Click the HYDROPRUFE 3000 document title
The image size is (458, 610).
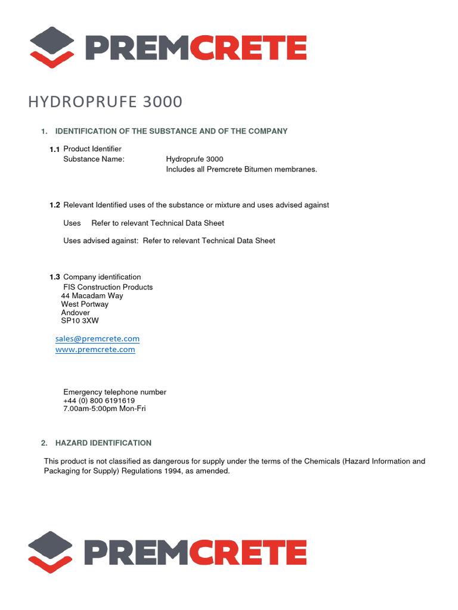[105, 102]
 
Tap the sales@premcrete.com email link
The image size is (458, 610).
[97, 338]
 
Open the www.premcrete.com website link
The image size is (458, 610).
[95, 350]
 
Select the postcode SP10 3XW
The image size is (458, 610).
[80, 320]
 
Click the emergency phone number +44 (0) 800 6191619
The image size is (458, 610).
[99, 401]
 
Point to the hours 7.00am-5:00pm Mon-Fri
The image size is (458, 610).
[104, 409]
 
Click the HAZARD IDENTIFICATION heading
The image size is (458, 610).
[103, 443]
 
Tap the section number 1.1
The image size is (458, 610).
[55, 149]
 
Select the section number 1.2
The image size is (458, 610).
[55, 205]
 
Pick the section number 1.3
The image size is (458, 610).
[55, 277]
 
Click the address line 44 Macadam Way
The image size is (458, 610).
[92, 295]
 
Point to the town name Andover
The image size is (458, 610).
[75, 312]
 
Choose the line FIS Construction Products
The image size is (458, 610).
[108, 287]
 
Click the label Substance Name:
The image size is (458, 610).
[94, 159]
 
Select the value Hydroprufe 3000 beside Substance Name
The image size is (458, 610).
[194, 159]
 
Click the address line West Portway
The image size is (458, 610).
[85, 304]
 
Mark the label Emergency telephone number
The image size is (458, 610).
[114, 392]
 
